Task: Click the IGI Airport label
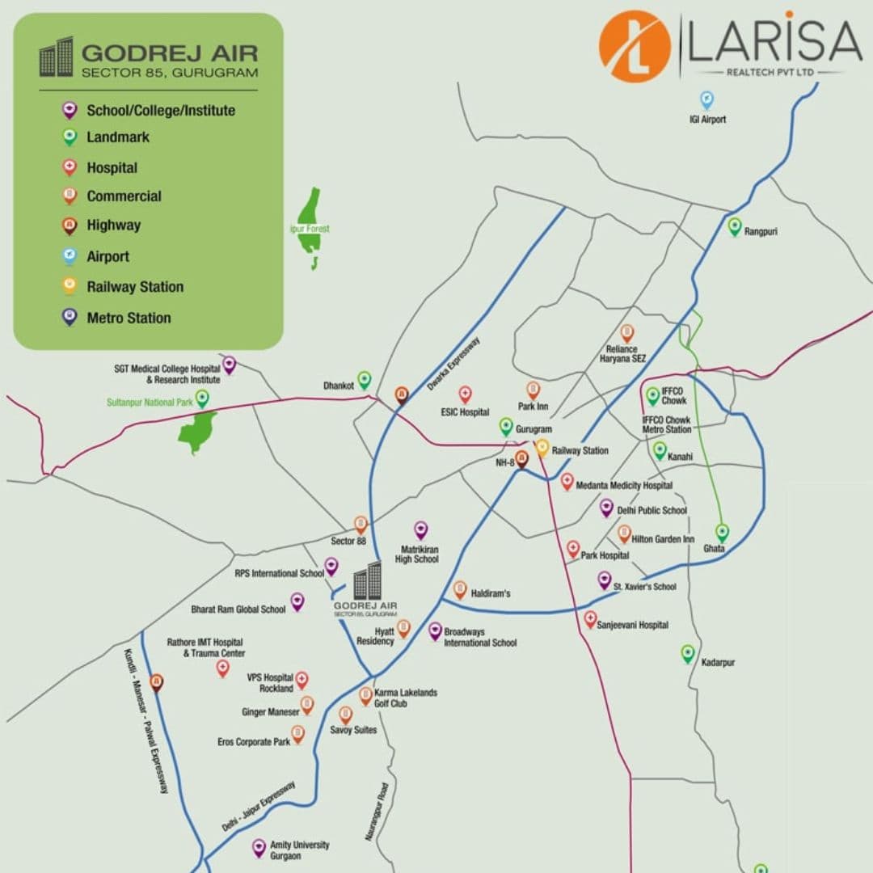[707, 120]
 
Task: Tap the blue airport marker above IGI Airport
[706, 100]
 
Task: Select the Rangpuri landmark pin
[734, 227]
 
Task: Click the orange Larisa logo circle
[635, 46]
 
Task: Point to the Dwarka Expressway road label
[453, 364]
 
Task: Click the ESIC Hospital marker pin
[465, 394]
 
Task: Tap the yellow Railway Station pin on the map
[542, 448]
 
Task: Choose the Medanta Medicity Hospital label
[624, 486]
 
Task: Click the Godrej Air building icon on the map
[367, 581]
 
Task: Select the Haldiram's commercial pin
[460, 590]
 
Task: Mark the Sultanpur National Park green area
[198, 432]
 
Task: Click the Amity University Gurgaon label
[299, 850]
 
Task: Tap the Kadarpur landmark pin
[688, 654]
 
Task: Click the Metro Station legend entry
[129, 318]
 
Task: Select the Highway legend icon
[70, 226]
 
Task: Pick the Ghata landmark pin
[722, 533]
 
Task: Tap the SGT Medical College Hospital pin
[230, 365]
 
